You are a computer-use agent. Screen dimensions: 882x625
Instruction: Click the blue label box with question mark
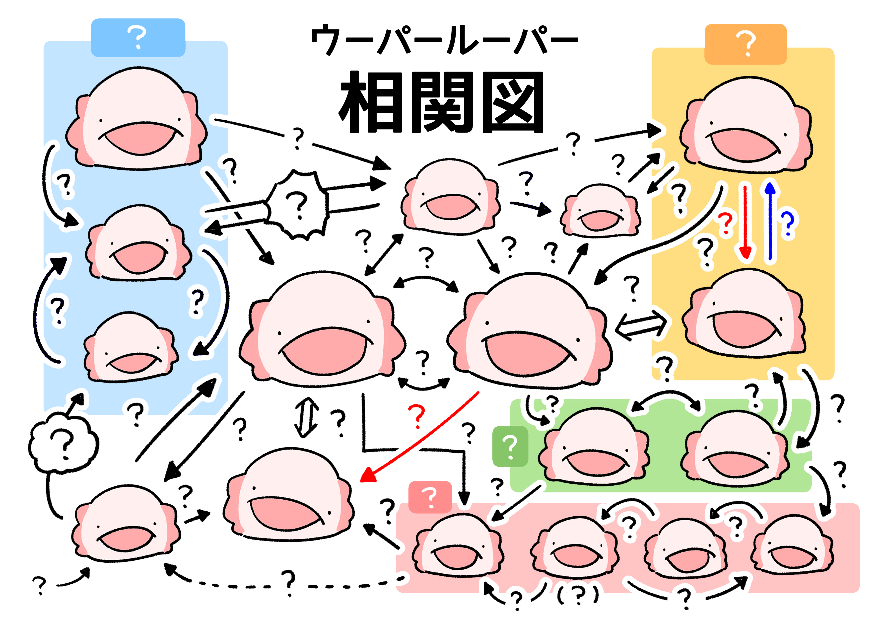pyautogui.click(x=138, y=38)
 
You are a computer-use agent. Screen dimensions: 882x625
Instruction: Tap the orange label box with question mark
pyautogui.click(x=746, y=44)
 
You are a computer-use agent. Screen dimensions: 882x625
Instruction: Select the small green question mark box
pyautogui.click(x=510, y=446)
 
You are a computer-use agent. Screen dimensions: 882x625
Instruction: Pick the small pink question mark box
pyautogui.click(x=430, y=497)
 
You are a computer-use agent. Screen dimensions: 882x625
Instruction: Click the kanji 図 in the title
pyautogui.click(x=513, y=102)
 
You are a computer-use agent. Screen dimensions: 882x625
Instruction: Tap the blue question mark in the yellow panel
pyautogui.click(x=787, y=223)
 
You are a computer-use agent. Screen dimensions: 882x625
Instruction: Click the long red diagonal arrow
pyautogui.click(x=419, y=437)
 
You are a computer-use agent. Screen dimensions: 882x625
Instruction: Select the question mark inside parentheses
pyautogui.click(x=578, y=595)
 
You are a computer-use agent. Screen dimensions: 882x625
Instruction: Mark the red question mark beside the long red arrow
pyautogui.click(x=416, y=416)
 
